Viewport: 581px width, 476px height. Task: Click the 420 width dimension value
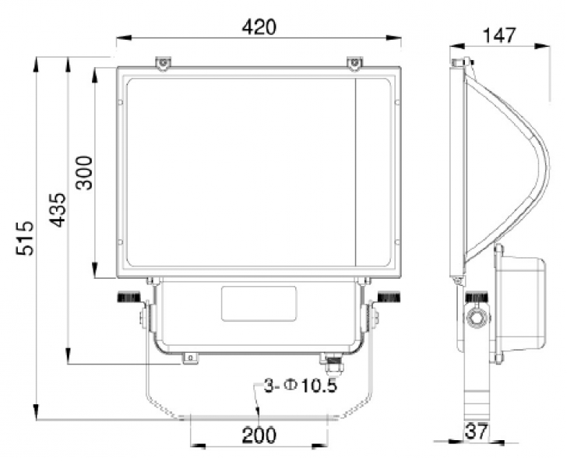259,27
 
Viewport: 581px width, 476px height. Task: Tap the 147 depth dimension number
499,36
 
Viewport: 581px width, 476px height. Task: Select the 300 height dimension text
84,173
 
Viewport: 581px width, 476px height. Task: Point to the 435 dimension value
58,210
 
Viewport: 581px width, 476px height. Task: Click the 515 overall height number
25,238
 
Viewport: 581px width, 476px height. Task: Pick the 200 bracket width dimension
259,435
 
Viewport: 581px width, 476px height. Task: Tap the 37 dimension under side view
477,432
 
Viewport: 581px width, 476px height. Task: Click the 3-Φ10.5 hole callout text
301,386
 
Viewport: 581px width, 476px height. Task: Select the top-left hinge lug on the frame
163,62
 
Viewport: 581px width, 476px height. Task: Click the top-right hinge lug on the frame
355,62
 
